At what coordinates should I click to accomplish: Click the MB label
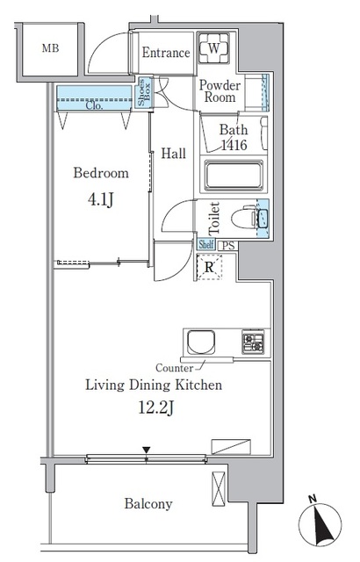coord(50,48)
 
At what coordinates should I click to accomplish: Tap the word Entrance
coord(166,53)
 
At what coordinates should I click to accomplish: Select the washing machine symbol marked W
coord(214,48)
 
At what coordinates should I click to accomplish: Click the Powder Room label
coord(220,91)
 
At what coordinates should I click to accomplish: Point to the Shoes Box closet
coord(144,92)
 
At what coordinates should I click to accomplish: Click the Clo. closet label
coord(94,105)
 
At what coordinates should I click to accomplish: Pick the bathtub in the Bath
coord(234,176)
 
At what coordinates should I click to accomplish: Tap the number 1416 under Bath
coord(234,145)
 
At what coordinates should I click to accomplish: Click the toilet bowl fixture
coord(243,217)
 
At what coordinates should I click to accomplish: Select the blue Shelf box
coord(206,244)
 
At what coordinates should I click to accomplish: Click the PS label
coord(228,246)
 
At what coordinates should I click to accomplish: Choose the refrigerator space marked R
coord(209,267)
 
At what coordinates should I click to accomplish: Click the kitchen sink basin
coord(201,342)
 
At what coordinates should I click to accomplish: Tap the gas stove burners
coord(253,342)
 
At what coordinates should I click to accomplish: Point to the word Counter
coord(174,368)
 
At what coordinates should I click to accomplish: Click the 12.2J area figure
coord(156,407)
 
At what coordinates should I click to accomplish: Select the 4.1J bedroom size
coord(101,199)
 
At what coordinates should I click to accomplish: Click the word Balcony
coord(148,504)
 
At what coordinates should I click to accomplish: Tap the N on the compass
coord(313,498)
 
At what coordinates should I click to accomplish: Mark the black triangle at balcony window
coord(146,450)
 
